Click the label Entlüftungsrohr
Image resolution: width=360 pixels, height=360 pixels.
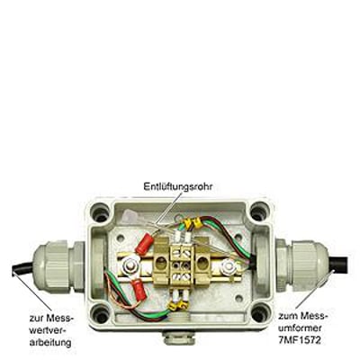[x=178, y=186]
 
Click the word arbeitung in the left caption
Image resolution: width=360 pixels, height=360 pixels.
[x=50, y=342]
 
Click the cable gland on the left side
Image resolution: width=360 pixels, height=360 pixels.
[x=58, y=267]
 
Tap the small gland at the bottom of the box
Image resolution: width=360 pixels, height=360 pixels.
[x=179, y=337]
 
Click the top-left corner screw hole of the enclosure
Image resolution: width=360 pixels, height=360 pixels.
[x=101, y=211]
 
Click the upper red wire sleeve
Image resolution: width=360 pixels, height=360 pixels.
[x=144, y=245]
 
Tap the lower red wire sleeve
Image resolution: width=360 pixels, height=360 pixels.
[x=139, y=290]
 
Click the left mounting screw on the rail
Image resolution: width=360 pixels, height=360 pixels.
[x=130, y=265]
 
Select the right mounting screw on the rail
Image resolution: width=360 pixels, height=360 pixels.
[x=229, y=265]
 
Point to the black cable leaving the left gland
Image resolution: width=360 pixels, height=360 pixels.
[x=22, y=268]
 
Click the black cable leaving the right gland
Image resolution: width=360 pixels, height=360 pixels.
[x=338, y=265]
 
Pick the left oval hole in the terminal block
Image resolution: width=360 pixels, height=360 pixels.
[x=161, y=264]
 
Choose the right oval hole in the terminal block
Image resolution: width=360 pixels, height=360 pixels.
[x=202, y=263]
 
